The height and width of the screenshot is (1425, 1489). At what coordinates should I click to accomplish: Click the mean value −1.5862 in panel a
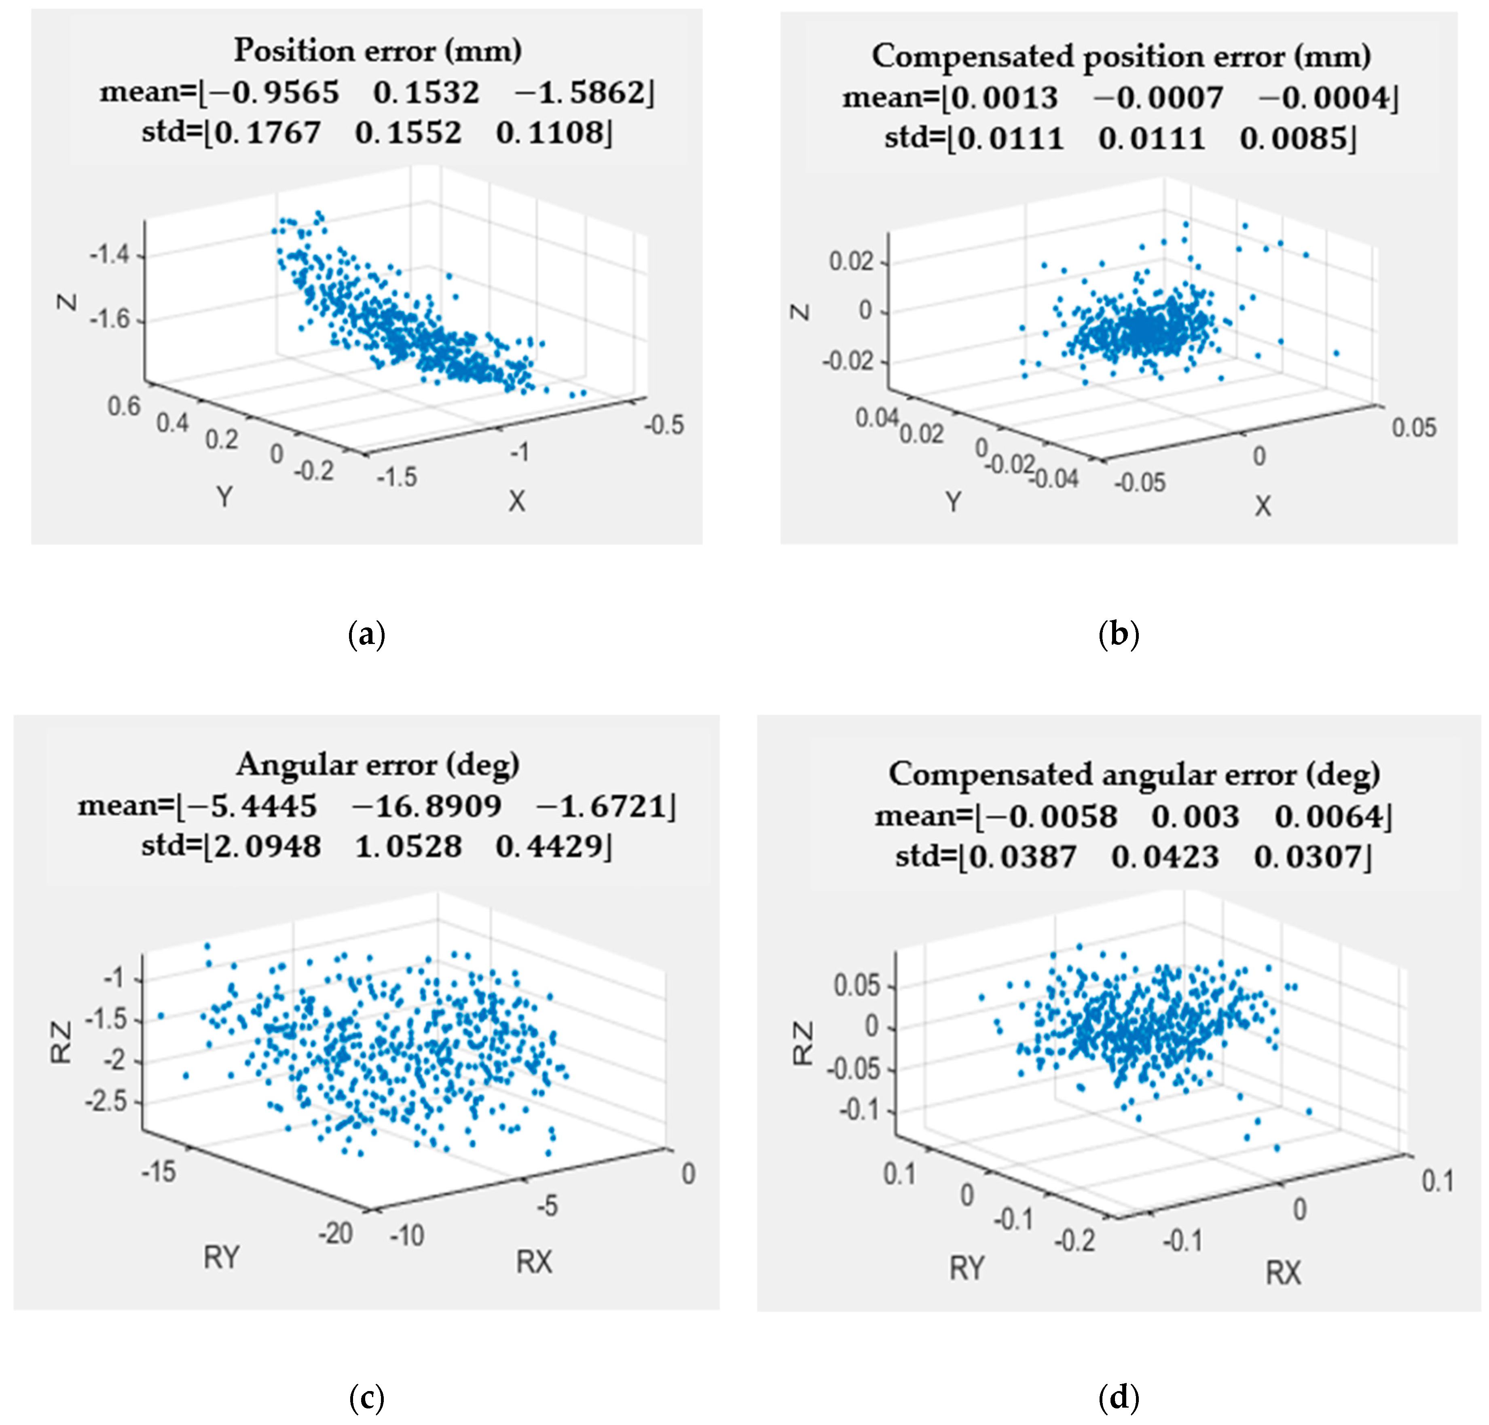[x=583, y=93]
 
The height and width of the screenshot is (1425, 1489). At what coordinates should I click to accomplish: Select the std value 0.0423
[x=1165, y=857]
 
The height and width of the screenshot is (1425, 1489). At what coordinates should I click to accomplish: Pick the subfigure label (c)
[x=367, y=1397]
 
